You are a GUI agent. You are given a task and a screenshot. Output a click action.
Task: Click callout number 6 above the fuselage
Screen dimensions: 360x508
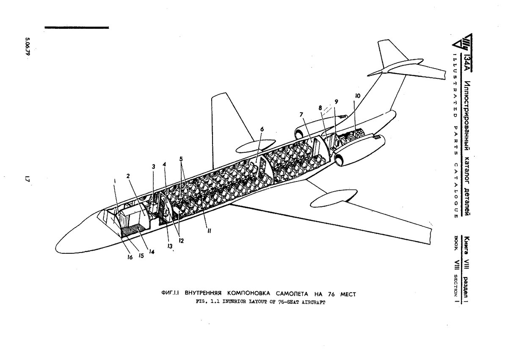click(x=262, y=130)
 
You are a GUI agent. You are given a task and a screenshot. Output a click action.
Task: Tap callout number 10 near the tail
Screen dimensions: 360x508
click(x=358, y=96)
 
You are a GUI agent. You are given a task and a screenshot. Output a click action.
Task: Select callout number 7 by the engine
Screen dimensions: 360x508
click(x=301, y=115)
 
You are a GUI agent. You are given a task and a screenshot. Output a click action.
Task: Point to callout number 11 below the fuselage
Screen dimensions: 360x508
click(x=209, y=231)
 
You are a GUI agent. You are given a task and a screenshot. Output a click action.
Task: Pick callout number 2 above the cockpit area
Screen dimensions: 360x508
click(x=127, y=175)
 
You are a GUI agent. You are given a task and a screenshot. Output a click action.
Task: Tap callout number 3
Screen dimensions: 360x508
click(x=154, y=167)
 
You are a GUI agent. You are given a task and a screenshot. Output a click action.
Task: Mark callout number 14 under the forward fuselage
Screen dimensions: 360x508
click(x=151, y=251)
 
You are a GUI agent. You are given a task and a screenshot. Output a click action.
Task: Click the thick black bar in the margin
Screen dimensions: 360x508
click(x=77, y=27)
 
